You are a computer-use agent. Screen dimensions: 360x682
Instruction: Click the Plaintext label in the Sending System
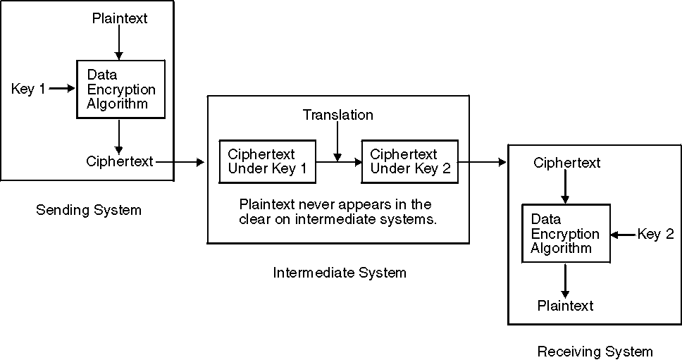(x=120, y=19)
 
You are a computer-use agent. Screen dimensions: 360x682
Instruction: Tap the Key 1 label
(x=28, y=89)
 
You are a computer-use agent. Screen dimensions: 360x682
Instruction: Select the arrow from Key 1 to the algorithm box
(x=61, y=89)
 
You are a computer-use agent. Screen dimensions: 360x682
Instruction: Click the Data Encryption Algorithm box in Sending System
(x=120, y=89)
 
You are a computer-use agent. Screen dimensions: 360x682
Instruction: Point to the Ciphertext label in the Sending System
(x=120, y=161)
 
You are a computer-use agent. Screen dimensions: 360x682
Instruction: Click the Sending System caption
(x=89, y=210)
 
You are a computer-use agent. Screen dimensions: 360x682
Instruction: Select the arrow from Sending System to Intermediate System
(x=180, y=162)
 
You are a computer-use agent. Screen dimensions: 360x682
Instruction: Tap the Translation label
(x=338, y=114)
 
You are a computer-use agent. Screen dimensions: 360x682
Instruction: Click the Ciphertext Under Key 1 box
(x=267, y=161)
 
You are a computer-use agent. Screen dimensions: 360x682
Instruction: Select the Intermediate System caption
(x=340, y=273)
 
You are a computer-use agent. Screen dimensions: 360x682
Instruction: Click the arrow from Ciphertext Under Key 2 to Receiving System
(x=483, y=163)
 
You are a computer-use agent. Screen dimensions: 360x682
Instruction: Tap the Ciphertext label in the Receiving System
(x=566, y=163)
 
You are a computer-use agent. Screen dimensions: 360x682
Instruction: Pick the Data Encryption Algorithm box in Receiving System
(x=565, y=234)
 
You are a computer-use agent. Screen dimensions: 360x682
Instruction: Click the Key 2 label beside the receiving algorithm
(x=655, y=235)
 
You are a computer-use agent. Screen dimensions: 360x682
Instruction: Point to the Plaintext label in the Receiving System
(x=565, y=306)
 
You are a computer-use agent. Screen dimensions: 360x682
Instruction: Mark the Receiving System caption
(x=595, y=351)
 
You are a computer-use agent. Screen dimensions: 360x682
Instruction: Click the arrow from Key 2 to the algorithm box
(x=623, y=235)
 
